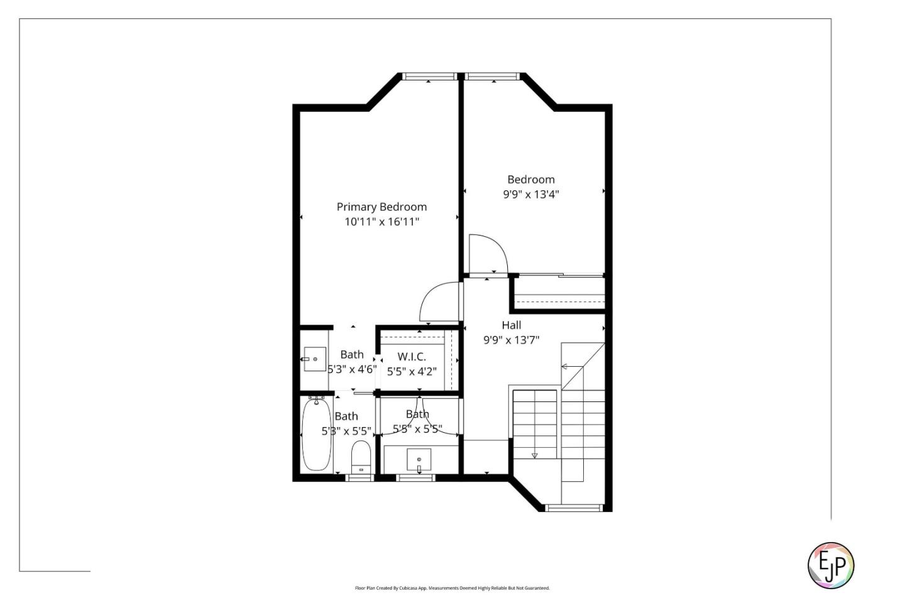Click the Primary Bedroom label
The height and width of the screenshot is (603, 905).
point(381,207)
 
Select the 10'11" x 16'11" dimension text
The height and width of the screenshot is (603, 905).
point(381,222)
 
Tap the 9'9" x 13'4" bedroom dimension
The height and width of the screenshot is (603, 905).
point(530,195)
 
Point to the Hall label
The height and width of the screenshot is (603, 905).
point(511,325)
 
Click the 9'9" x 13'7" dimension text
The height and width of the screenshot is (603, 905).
point(511,340)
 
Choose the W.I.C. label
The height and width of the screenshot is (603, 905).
point(411,357)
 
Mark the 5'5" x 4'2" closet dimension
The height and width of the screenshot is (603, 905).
point(411,372)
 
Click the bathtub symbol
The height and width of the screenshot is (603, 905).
point(316,434)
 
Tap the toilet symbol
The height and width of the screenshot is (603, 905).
point(361,457)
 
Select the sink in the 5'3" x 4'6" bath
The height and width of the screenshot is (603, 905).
point(314,359)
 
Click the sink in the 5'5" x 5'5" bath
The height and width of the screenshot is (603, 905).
point(419,460)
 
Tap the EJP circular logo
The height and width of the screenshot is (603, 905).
point(830,565)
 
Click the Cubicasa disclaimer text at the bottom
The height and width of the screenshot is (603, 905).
point(452,589)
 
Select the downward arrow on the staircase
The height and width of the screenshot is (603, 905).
point(535,455)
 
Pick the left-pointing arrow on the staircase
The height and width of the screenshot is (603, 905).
point(564,367)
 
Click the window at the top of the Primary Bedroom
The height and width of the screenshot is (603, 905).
point(429,77)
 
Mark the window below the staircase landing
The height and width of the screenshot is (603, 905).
point(574,508)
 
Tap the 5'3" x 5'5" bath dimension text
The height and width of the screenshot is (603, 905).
point(346,432)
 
